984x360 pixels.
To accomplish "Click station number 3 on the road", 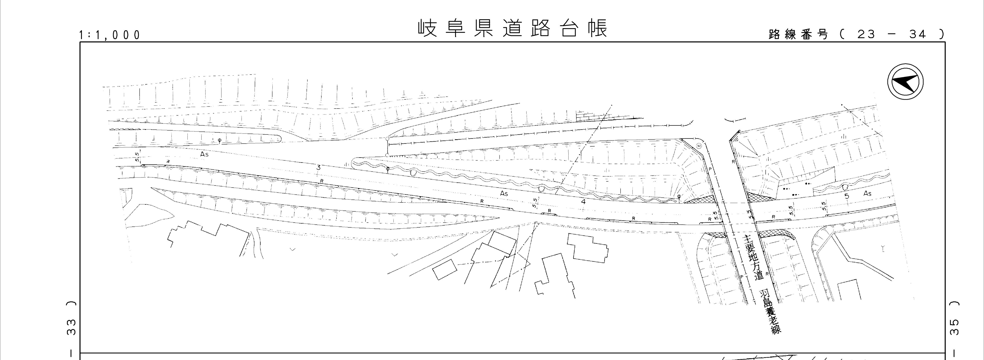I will pos(318,167).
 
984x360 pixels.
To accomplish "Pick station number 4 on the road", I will pos(583,201).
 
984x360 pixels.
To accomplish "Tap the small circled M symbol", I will pos(699,146).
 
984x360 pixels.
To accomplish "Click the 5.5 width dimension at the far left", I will pos(137,157).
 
